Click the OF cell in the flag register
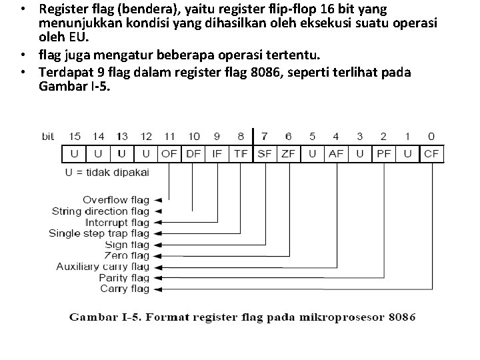(x=169, y=154)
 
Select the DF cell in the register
(x=193, y=154)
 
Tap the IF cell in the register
(x=217, y=154)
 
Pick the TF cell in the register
(x=241, y=154)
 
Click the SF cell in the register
(x=265, y=154)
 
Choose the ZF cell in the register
(x=289, y=154)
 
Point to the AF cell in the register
(x=336, y=154)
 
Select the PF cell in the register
(x=383, y=154)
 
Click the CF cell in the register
(x=431, y=154)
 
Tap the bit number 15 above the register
(x=75, y=137)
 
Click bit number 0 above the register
(x=431, y=137)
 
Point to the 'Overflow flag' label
(x=116, y=199)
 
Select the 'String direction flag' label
(x=101, y=211)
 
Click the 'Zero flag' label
(x=127, y=255)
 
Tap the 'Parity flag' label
(x=124, y=278)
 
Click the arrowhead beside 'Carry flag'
(x=157, y=289)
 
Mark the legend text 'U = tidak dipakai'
(x=107, y=172)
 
